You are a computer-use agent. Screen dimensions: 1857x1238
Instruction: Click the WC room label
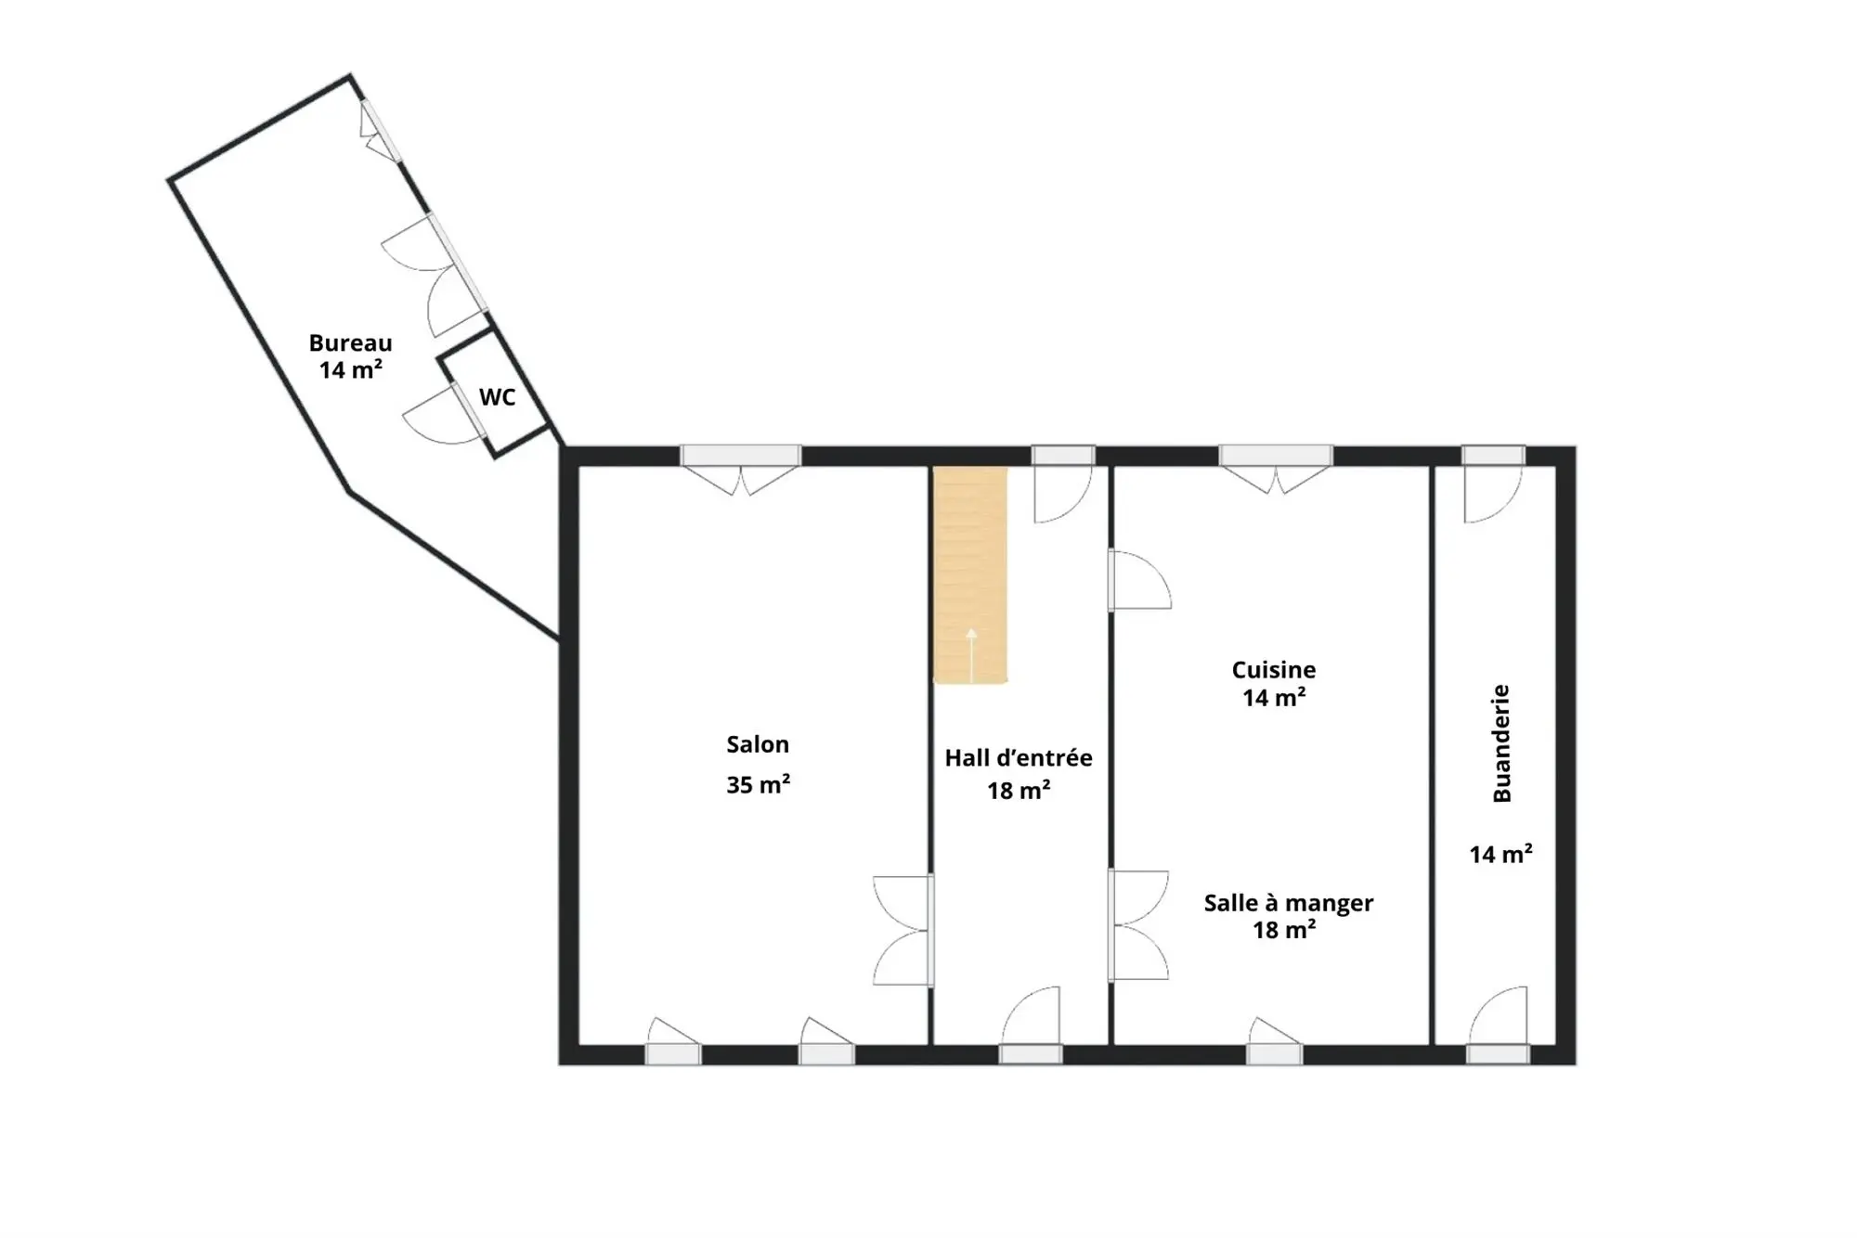pyautogui.click(x=497, y=397)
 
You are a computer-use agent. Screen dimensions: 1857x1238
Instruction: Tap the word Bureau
pyautogui.click(x=350, y=342)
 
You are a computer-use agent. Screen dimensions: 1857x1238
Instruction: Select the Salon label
pyautogui.click(x=758, y=744)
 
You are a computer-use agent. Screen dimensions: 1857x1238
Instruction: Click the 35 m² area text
pyautogui.click(x=758, y=784)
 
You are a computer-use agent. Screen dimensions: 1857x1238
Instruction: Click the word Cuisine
pyautogui.click(x=1274, y=670)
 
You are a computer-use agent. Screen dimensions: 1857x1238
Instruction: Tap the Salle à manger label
pyautogui.click(x=1289, y=902)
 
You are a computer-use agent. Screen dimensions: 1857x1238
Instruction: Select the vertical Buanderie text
pyautogui.click(x=1501, y=743)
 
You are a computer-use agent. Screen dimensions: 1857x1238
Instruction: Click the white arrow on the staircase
pyautogui.click(x=971, y=655)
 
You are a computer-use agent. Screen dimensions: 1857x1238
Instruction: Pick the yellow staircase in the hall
pyautogui.click(x=970, y=575)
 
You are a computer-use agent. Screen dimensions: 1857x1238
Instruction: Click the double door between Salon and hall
pyautogui.click(x=903, y=930)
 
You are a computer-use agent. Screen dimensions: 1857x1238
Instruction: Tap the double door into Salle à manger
pyautogui.click(x=1138, y=925)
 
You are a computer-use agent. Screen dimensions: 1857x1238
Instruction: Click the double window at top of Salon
pyautogui.click(x=741, y=470)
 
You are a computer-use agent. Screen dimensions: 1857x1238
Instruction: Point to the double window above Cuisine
pyautogui.click(x=1276, y=469)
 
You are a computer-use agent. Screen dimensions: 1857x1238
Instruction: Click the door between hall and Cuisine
pyautogui.click(x=1139, y=580)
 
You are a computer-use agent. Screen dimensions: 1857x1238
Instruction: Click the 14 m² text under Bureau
pyautogui.click(x=350, y=369)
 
